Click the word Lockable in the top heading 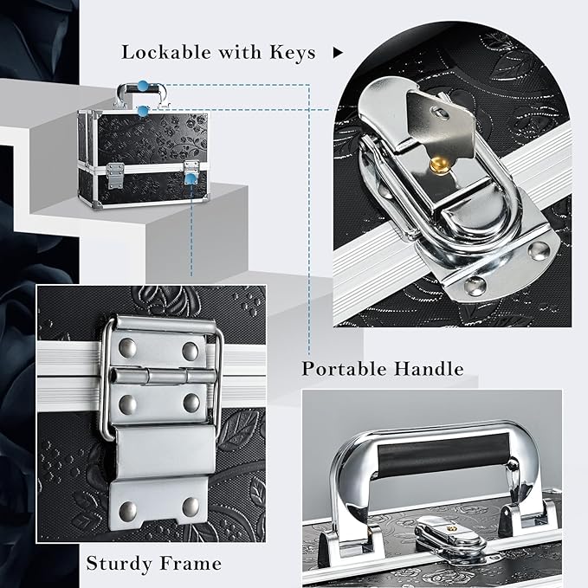pos(166,52)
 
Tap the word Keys pos(293,52)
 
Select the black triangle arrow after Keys pos(338,53)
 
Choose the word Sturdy pos(119,563)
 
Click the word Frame pos(191,563)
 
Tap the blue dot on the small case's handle pos(143,87)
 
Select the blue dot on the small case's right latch pos(191,179)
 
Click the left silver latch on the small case pos(115,176)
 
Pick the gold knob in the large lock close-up pos(439,165)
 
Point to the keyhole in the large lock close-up pos(441,113)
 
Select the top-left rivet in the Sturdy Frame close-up pos(127,347)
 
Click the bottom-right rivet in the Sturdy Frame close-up pos(191,507)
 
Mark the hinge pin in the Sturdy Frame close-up pos(165,376)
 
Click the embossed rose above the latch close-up pos(165,300)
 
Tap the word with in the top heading pos(240,52)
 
